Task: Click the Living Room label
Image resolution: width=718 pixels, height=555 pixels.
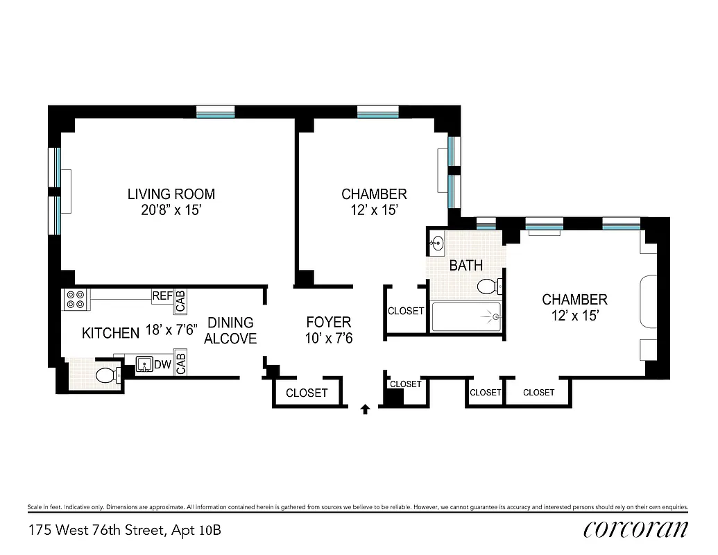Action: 171,194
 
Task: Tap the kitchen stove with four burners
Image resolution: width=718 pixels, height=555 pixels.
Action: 75,299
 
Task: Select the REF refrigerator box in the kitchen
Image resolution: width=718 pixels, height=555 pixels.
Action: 162,296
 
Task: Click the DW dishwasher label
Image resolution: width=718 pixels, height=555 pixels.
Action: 162,364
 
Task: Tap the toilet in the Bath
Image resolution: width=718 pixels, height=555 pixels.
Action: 490,286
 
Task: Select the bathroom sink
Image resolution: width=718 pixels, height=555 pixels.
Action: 437,243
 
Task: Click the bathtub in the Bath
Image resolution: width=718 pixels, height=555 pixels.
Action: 465,317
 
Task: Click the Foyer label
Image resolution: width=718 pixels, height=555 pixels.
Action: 329,323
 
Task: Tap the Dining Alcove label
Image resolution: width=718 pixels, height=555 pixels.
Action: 230,330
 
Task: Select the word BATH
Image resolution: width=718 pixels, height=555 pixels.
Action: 466,266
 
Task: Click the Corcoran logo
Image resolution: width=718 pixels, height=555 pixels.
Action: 636,529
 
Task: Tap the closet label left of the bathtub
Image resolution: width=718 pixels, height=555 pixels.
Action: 406,311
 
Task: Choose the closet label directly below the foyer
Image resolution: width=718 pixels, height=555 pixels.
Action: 307,393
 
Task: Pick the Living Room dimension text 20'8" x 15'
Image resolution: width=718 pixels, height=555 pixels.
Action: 171,211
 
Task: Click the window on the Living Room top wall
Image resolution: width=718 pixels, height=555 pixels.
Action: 216,112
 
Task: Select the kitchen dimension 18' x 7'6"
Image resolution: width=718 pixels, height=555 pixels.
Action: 171,330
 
